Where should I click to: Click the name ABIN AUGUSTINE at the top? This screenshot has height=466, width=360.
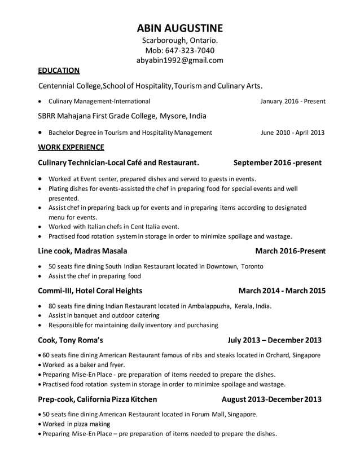pos(179,28)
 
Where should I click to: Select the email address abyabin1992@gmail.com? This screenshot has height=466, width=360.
pos(179,60)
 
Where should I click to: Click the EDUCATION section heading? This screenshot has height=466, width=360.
pos(58,71)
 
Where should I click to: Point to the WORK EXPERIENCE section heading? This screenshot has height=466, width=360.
pos(71,148)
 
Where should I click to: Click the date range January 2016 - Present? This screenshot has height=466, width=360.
pos(292,102)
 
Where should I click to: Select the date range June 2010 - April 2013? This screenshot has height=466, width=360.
pos(292,133)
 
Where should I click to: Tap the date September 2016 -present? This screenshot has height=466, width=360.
pos(278,163)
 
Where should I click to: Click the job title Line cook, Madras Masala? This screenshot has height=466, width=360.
pos(82,250)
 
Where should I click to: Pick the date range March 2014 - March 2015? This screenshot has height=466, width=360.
pos(282,291)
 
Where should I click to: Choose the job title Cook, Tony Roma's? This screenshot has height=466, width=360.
pos(70,340)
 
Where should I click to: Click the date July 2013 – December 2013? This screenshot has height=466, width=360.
pos(274,340)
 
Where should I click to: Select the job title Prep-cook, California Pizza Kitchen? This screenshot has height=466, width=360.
pos(97,399)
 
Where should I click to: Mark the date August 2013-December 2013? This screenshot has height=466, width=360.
pos(271,399)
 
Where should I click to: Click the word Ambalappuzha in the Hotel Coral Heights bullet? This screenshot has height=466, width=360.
pos(205,306)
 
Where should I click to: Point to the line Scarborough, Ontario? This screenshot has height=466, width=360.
pos(179,40)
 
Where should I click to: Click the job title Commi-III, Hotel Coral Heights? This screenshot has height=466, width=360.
pos(90,291)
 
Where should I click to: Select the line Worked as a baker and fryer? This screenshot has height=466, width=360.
pos(81,364)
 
